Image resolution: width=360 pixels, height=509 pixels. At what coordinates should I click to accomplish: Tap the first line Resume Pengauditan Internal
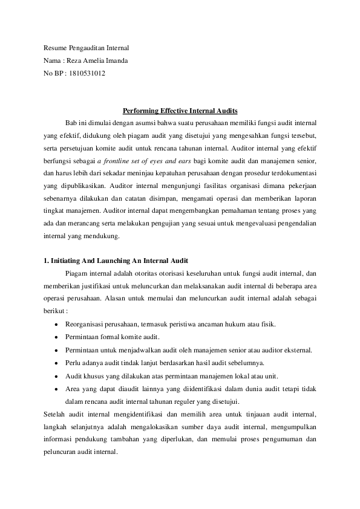click(x=87, y=47)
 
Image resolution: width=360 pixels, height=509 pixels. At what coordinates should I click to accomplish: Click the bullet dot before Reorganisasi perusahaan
click(x=56, y=324)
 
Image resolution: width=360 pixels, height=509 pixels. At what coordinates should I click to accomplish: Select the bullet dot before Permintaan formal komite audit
click(x=56, y=337)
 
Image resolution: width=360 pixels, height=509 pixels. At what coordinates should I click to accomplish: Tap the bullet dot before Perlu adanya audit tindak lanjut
click(x=56, y=363)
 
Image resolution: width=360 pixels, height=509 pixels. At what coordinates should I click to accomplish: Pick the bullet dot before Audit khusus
click(x=56, y=376)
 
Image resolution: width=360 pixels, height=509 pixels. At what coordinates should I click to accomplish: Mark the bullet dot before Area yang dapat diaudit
click(x=56, y=389)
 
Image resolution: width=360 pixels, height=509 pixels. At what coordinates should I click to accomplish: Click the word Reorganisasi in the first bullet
click(x=84, y=324)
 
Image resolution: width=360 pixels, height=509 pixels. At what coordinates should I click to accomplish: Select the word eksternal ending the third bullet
click(x=298, y=350)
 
